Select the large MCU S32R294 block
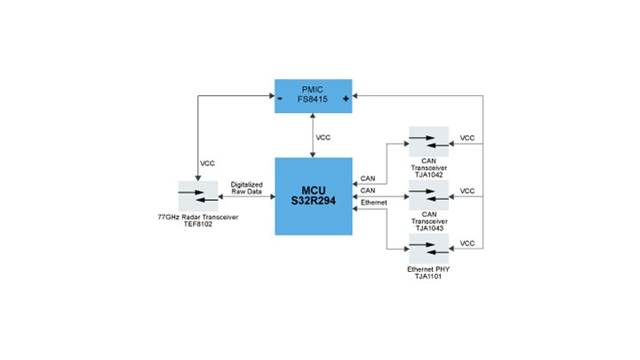(313, 196)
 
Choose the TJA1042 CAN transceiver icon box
(428, 141)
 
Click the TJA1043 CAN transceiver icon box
(428, 195)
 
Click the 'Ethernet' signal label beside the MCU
(374, 204)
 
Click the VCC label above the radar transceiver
(207, 164)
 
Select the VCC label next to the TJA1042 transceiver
(468, 139)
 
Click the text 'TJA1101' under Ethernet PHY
(428, 276)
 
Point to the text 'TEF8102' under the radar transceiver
(198, 225)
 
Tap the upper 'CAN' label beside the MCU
(367, 178)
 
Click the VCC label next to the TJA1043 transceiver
(468, 191)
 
